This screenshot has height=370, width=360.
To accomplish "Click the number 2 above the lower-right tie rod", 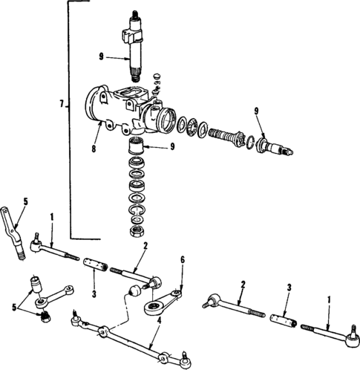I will pos(241,284).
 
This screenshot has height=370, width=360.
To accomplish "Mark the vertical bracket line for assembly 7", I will pos(70,119).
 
